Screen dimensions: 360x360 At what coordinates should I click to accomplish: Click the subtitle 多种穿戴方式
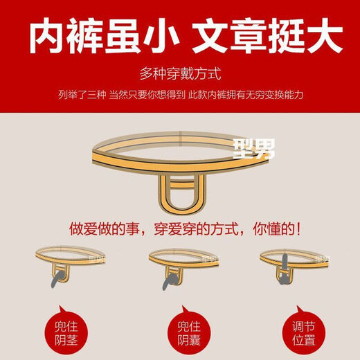point(180,73)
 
